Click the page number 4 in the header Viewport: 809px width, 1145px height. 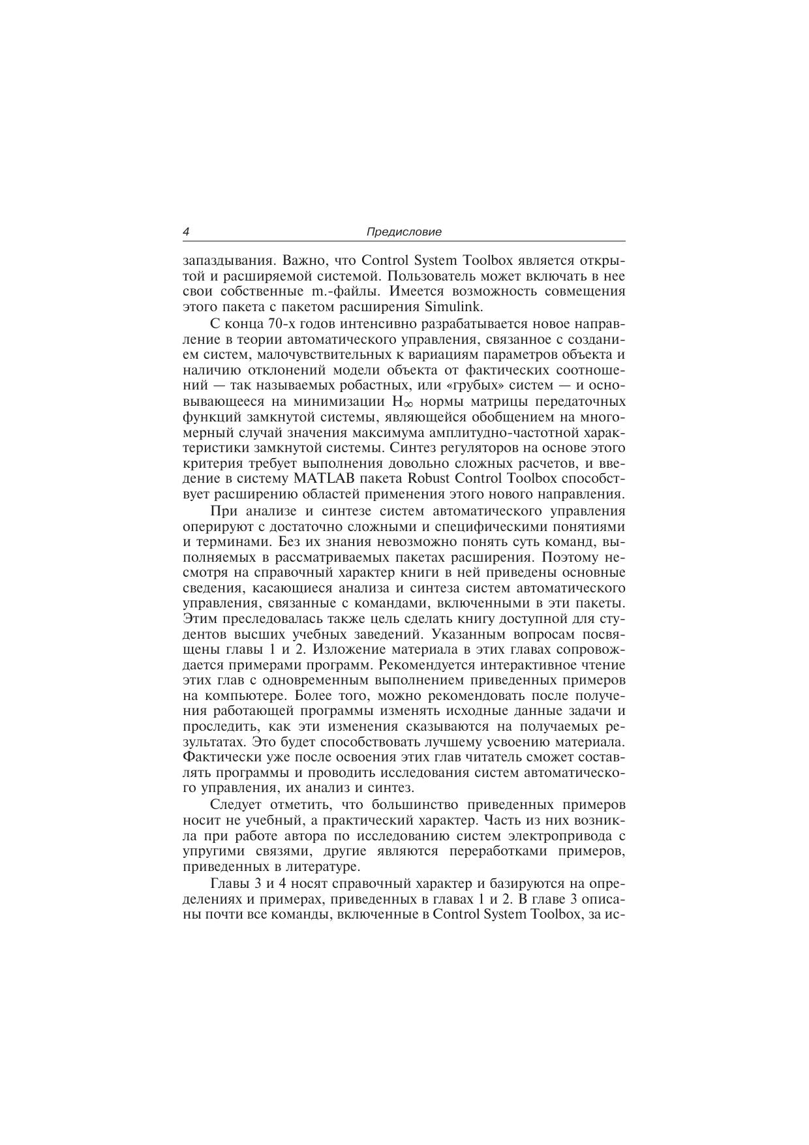click(x=187, y=232)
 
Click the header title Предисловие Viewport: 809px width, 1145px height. click(x=404, y=232)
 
